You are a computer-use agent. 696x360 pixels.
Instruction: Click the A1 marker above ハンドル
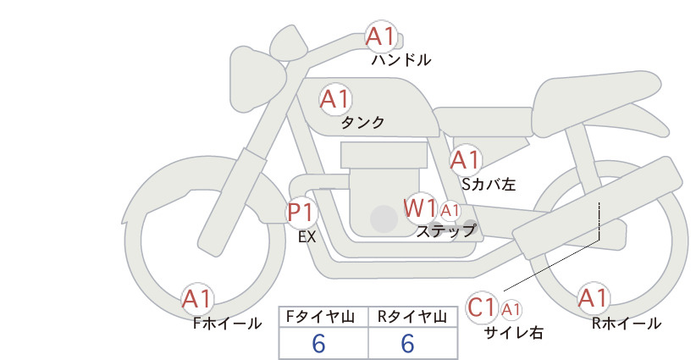(x=381, y=36)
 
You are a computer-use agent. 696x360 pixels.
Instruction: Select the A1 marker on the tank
(x=335, y=99)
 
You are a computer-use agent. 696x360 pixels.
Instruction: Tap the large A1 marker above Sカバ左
(x=466, y=160)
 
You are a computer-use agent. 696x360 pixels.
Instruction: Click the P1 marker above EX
(x=301, y=212)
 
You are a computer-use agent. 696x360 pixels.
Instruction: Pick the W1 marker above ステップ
(x=420, y=208)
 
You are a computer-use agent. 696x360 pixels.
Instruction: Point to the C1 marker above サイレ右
(x=482, y=307)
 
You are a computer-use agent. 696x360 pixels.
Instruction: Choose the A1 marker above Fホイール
(x=197, y=299)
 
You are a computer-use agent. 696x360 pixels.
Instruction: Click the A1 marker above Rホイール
(x=594, y=298)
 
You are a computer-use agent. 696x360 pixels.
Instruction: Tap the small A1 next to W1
(x=450, y=211)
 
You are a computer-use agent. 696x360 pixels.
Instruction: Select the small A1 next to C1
(x=511, y=309)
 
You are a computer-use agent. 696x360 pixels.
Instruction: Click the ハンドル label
(x=401, y=60)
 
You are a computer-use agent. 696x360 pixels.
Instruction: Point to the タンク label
(x=362, y=123)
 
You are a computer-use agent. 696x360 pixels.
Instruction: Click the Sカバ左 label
(x=489, y=184)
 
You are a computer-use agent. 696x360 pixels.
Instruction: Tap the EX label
(x=307, y=237)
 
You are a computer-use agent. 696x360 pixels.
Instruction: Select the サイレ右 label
(x=514, y=332)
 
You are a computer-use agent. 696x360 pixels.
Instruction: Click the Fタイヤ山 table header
(x=320, y=317)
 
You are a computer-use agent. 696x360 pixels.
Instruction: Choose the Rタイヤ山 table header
(x=412, y=317)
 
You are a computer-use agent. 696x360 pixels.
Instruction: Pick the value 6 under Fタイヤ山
(x=318, y=344)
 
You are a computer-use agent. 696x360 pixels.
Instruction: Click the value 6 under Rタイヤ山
(x=407, y=344)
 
